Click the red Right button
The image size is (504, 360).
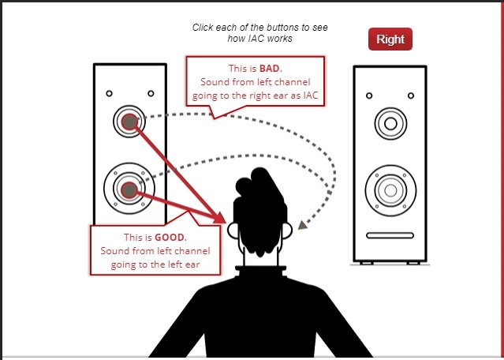(390, 39)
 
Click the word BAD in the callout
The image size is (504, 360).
(271, 68)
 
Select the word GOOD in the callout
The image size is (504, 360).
(170, 238)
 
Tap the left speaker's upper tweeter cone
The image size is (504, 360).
(129, 122)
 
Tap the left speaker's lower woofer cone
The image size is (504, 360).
(129, 189)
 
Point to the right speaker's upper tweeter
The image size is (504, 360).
(390, 124)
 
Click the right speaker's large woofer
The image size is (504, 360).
(390, 190)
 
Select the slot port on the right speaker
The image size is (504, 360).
(390, 235)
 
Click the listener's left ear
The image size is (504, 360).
(233, 231)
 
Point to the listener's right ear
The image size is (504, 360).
(287, 231)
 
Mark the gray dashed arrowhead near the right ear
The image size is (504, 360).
(302, 224)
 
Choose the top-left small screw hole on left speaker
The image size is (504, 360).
(110, 93)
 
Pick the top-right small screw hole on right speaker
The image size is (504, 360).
(411, 96)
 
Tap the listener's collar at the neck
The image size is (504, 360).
(261, 269)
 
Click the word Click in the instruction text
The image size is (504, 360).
(203, 28)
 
